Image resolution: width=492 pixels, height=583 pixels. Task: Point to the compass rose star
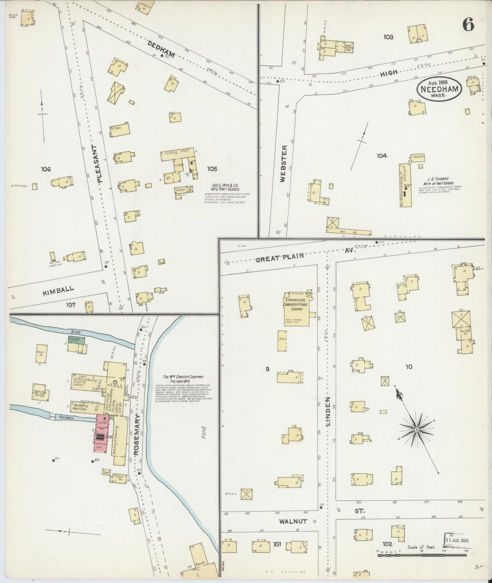416,430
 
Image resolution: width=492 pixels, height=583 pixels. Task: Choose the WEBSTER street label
284,164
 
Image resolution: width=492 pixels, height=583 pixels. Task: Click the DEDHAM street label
161,49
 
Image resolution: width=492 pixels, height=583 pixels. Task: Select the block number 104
382,156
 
